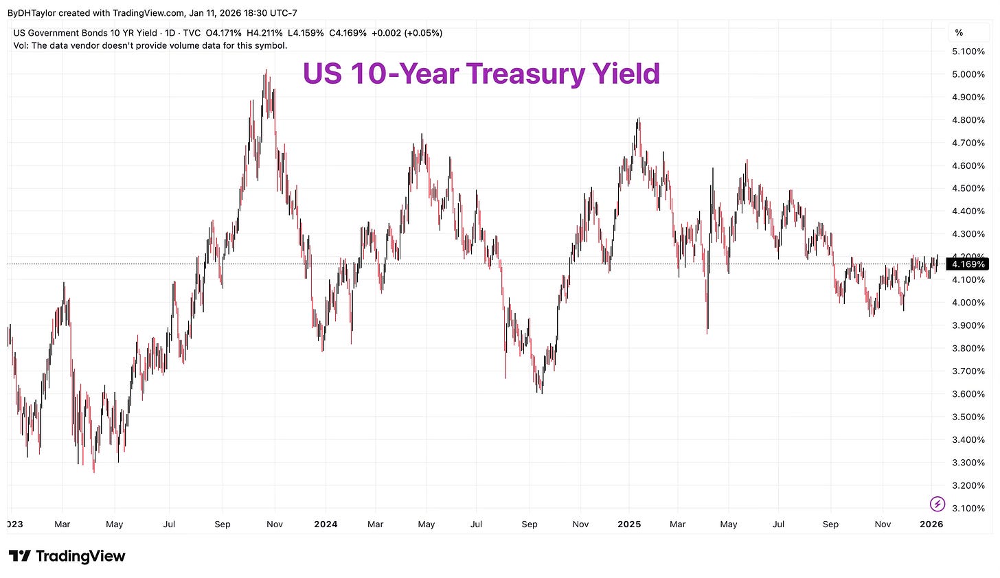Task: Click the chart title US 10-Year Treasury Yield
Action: (481, 74)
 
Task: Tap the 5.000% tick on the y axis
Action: (968, 74)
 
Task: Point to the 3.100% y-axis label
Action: (968, 508)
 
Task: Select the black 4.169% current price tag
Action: (968, 264)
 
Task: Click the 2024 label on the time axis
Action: (326, 524)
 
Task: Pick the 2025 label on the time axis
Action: (629, 524)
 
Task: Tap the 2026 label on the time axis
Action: (931, 524)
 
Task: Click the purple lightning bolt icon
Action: (937, 505)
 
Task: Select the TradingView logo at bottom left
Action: (67, 556)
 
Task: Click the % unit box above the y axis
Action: (959, 33)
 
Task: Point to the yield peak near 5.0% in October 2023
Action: (265, 71)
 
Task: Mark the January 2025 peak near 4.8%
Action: (639, 119)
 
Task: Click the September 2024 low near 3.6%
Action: (541, 392)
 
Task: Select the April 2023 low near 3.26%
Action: (94, 471)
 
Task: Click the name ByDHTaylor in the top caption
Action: (32, 13)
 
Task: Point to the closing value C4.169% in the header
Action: (348, 33)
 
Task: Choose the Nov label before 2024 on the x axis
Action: (274, 524)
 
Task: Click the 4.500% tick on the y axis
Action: (968, 188)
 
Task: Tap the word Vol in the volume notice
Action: (21, 45)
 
